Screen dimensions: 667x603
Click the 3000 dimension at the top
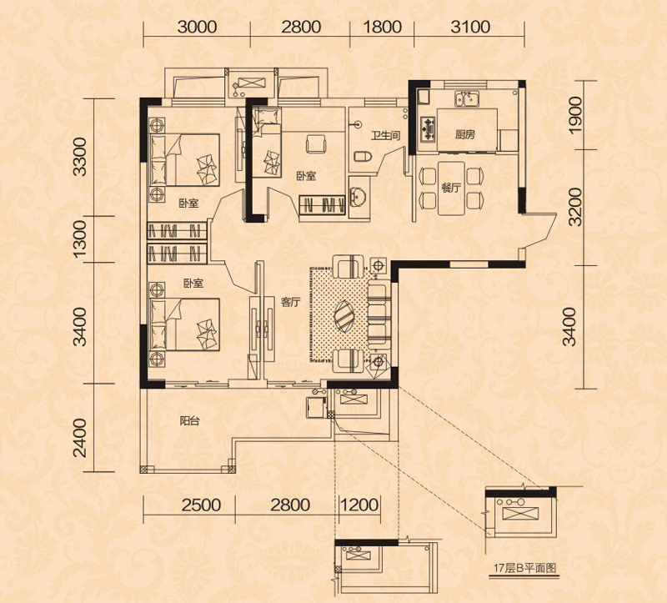(x=197, y=28)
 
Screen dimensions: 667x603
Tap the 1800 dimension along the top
(x=382, y=28)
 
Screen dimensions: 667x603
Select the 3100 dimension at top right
(x=470, y=28)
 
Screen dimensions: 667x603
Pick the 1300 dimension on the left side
(x=79, y=239)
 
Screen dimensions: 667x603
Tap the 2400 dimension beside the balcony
(x=79, y=438)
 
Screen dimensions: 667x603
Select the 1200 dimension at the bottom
(x=359, y=505)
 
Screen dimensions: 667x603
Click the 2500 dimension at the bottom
(x=201, y=505)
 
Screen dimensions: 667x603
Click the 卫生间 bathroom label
(x=385, y=136)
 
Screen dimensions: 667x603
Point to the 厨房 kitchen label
(x=464, y=135)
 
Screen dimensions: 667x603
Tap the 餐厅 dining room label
(x=451, y=188)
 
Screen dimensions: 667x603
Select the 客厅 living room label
(x=290, y=303)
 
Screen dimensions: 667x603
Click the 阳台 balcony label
(x=190, y=421)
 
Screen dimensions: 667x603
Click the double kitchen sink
(x=467, y=98)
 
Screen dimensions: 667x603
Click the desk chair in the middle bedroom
(x=316, y=143)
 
